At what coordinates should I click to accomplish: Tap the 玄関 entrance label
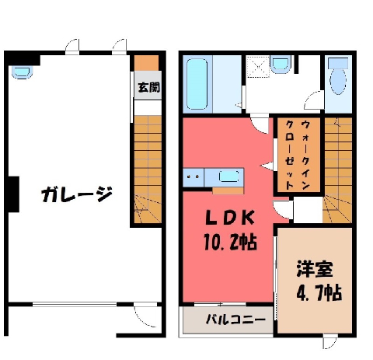tap(148, 87)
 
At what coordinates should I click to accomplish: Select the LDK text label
tap(230, 218)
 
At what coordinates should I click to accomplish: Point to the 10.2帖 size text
tap(230, 242)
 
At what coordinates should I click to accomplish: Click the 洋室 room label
tap(315, 269)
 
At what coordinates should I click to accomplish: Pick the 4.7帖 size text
tap(319, 292)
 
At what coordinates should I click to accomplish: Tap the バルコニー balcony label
tap(235, 320)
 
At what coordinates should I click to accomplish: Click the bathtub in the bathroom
tap(197, 84)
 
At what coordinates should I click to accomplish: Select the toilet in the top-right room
tap(338, 76)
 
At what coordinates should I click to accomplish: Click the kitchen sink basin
tap(228, 177)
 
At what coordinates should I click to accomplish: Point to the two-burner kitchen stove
tap(193, 177)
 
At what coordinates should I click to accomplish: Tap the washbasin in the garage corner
tap(22, 72)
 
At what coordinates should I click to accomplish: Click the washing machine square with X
tap(258, 67)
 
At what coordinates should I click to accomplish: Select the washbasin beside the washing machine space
tap(281, 65)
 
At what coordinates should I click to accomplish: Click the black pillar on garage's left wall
tap(13, 194)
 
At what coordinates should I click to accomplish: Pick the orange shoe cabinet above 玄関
tap(146, 63)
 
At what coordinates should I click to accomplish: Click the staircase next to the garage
tap(148, 169)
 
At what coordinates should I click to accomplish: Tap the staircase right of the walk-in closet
tap(337, 170)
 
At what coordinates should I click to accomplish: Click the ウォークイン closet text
tap(305, 155)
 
